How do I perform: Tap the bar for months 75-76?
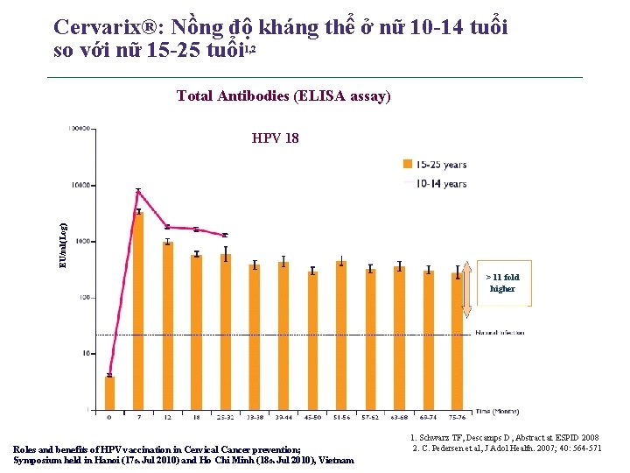tap(457, 341)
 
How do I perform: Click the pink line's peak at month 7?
tap(138, 192)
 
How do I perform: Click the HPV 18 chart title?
tap(275, 138)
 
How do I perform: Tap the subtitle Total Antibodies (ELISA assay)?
tap(283, 96)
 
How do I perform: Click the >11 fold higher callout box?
tap(502, 283)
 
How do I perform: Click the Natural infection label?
tap(500, 333)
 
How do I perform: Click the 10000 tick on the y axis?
tap(80, 186)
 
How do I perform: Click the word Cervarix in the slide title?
tap(96, 27)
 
